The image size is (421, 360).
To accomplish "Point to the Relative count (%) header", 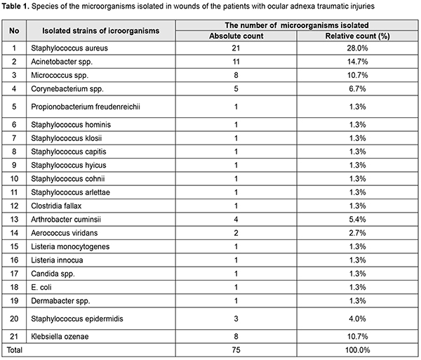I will [x=359, y=36].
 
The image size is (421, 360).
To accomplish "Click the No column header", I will [x=14, y=31].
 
